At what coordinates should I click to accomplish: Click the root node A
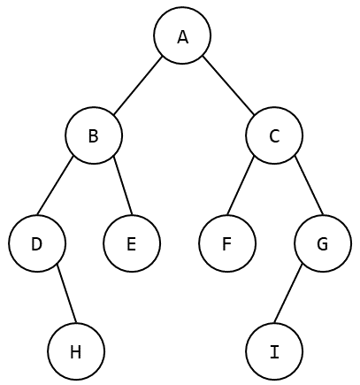pos(182,35)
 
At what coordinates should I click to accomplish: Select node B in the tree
pos(94,135)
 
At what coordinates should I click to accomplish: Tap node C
pos(274,135)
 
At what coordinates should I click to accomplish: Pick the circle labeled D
pos(37,243)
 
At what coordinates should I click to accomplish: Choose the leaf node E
pos(132,243)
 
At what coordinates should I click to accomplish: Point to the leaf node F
pos(227,243)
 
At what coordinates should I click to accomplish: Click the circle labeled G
pos(323,243)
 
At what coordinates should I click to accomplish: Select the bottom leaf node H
pos(76,351)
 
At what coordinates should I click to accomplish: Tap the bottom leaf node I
pos(274,351)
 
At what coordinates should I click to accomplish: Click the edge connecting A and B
pos(138,85)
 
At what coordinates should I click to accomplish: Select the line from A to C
pos(228,85)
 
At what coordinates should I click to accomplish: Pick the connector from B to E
pos(123,187)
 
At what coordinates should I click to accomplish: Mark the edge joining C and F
pos(241,187)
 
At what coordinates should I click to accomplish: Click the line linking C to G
pos(310,187)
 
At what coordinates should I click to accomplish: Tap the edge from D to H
pos(66,294)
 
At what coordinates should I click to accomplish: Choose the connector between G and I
pos(288,294)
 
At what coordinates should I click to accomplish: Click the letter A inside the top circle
pos(183,37)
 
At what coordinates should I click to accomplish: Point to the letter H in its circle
pos(76,352)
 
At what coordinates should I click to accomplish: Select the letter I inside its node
pos(274,352)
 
